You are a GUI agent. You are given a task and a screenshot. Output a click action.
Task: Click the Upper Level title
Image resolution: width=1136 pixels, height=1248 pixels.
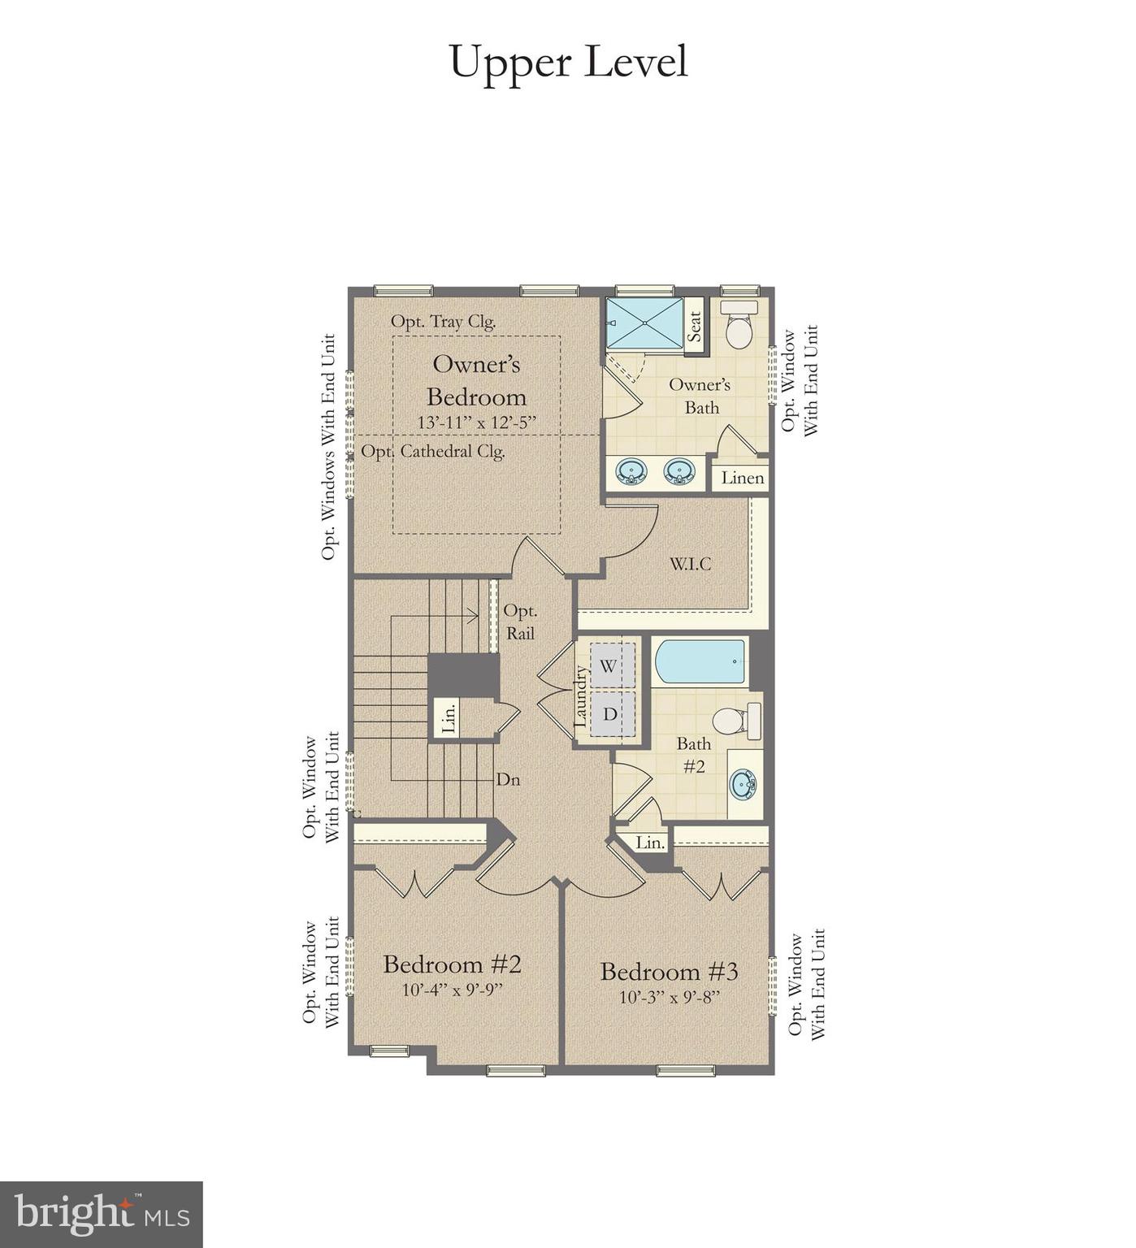568,63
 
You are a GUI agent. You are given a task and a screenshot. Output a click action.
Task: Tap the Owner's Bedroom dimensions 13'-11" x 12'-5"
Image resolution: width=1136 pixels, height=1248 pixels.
477,423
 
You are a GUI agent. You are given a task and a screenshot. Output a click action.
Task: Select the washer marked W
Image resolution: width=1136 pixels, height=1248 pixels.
607,665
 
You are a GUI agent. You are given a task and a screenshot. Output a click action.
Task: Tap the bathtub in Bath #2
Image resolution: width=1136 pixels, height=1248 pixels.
700,662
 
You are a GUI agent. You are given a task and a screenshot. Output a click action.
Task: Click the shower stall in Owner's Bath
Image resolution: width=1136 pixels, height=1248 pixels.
645,323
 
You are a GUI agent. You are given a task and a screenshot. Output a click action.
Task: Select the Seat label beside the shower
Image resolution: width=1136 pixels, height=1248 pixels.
695,327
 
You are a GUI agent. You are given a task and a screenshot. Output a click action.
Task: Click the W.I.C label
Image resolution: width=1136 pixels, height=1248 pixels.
691,563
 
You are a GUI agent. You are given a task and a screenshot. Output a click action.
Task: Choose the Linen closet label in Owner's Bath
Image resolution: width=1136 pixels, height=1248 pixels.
743,478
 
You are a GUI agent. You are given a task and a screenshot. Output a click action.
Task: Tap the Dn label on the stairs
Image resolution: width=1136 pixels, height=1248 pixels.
508,780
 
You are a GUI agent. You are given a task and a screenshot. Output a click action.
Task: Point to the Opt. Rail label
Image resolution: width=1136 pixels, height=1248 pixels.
520,622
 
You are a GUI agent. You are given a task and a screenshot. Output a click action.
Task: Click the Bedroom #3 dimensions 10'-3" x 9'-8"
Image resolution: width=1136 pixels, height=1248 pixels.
670,997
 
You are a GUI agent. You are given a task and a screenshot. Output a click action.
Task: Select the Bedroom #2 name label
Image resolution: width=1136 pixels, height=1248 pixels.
452,964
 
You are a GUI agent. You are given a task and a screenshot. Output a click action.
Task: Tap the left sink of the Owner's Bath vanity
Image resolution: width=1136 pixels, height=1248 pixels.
631,471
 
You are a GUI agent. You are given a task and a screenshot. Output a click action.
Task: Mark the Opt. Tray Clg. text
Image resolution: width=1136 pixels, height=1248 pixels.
444,322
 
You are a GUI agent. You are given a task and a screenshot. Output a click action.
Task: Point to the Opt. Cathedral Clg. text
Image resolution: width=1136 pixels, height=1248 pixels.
433,452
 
